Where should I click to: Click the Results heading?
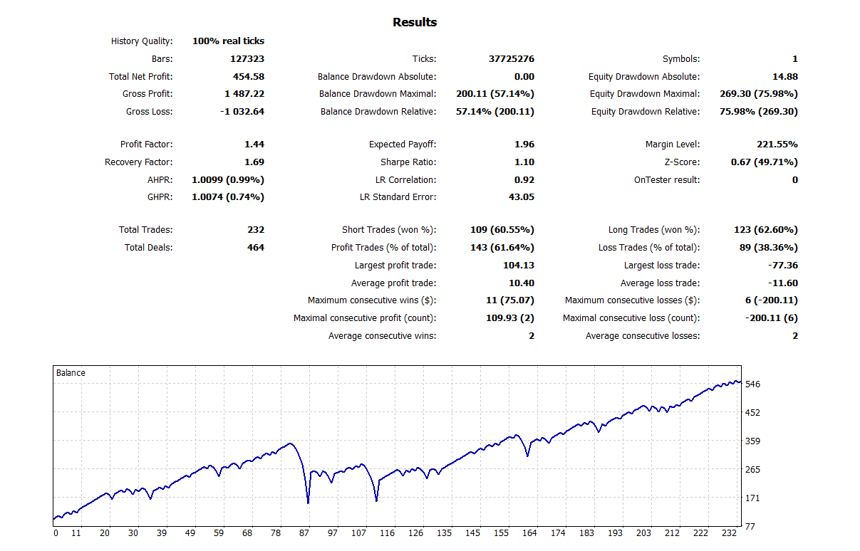coord(415,23)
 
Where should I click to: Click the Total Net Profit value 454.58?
coord(249,77)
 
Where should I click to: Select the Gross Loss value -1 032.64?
coord(241,112)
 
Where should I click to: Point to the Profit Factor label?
coord(146,145)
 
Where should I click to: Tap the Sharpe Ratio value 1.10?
coord(524,162)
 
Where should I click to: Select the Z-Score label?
coord(682,162)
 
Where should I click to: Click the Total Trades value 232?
coord(256,230)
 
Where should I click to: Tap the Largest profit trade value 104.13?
coord(518,266)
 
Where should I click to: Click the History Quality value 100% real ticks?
coord(228,41)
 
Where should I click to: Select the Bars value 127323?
coord(247,59)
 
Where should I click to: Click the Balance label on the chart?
coord(71,373)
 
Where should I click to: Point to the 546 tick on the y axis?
coord(752,384)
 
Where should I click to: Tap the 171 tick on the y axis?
coord(752,498)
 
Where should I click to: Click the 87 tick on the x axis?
coord(304,533)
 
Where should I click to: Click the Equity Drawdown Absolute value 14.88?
coord(785,77)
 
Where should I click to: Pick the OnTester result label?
coord(667,180)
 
